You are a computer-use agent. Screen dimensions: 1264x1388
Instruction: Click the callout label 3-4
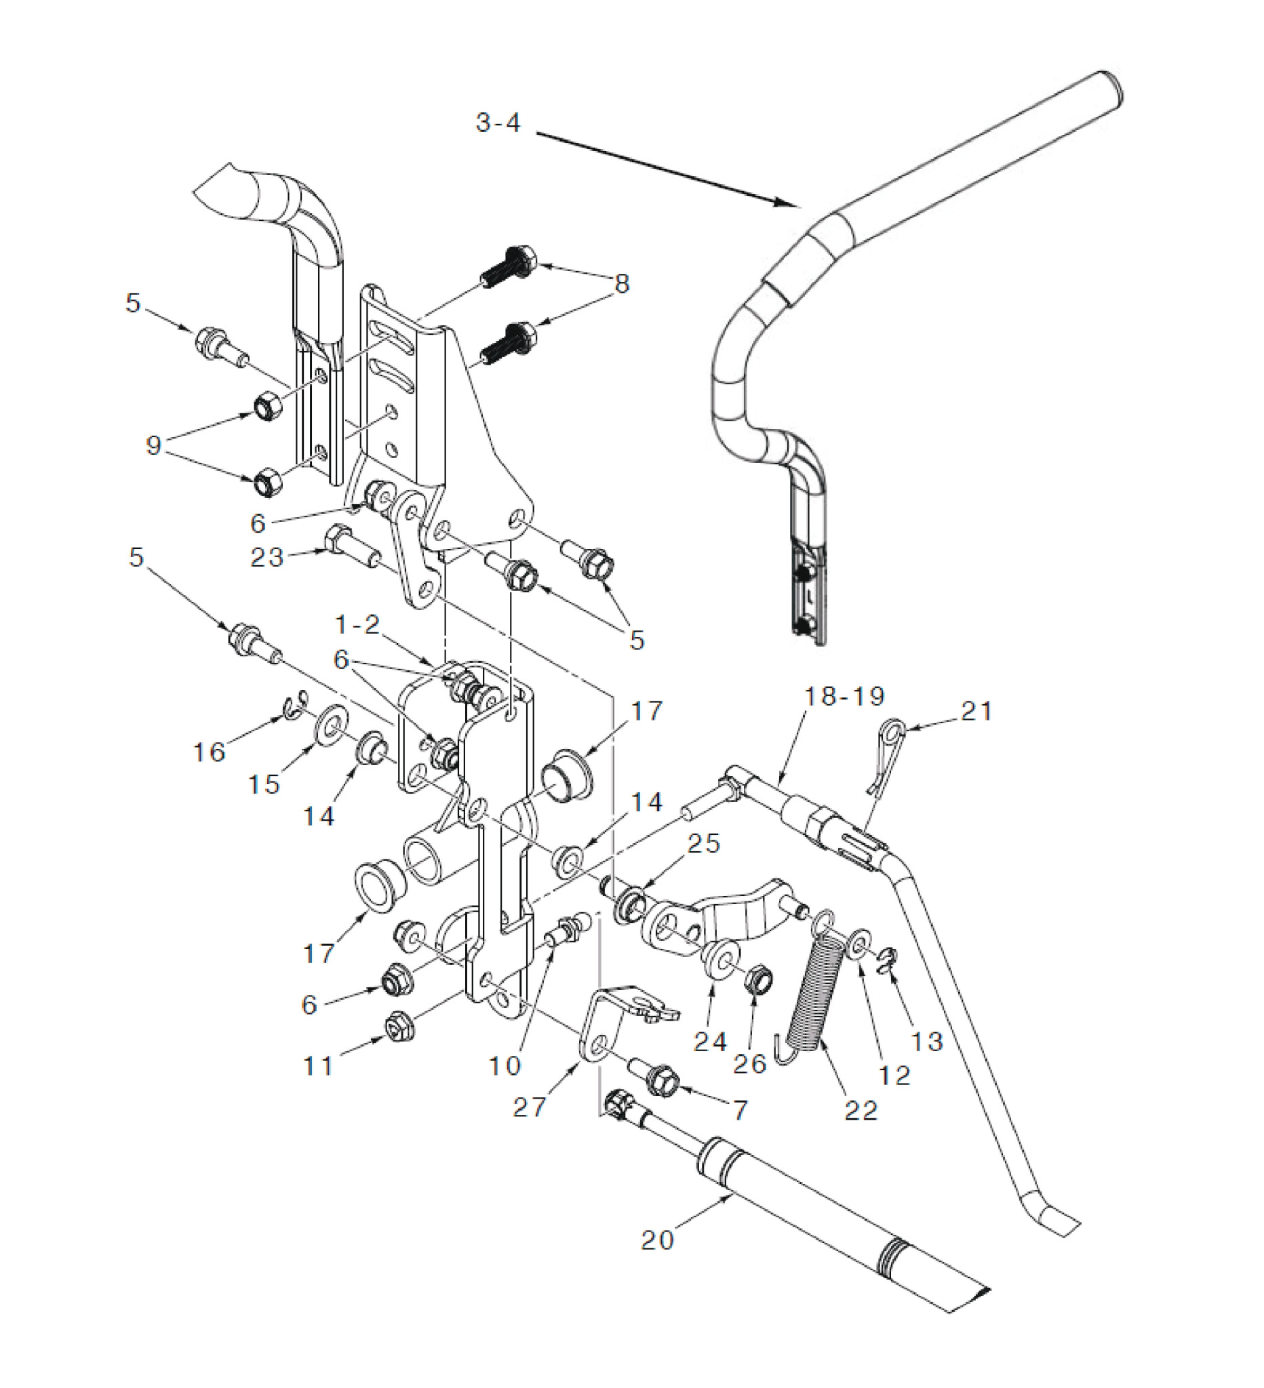point(498,123)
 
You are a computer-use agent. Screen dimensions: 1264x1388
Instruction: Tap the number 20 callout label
point(657,1240)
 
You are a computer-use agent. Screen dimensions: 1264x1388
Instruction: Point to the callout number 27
point(529,1107)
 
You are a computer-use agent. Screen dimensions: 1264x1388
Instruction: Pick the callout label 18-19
point(844,696)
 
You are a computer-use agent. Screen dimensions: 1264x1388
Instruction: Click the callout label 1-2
point(357,624)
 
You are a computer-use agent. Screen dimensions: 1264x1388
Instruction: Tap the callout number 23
point(266,557)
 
